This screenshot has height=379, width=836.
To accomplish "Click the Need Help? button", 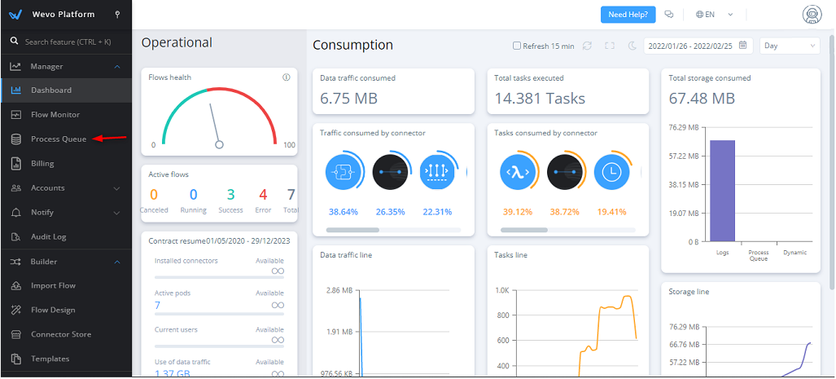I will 628,15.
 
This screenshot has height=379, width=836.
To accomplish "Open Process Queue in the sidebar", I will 59,139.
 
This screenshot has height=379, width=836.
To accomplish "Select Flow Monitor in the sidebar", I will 55,114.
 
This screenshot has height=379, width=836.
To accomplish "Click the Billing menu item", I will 42,163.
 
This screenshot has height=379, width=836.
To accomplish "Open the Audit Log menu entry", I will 49,236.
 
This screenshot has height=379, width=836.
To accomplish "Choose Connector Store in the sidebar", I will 61,334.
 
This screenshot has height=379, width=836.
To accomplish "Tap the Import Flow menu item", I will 53,285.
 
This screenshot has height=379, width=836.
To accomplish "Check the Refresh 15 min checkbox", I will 517,46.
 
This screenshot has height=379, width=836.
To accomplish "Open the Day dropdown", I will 789,46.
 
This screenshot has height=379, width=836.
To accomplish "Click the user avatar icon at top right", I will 811,15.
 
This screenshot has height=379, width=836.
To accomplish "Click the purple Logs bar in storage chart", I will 722,191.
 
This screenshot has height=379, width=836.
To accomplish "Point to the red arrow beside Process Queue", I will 110,139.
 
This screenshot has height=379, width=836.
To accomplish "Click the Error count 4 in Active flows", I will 263,195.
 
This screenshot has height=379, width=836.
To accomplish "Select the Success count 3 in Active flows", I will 230,195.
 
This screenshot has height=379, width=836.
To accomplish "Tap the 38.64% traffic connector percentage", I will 344,212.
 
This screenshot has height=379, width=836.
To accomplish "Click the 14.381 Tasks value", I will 541,99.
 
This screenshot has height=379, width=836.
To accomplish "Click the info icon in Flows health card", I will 287,77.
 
